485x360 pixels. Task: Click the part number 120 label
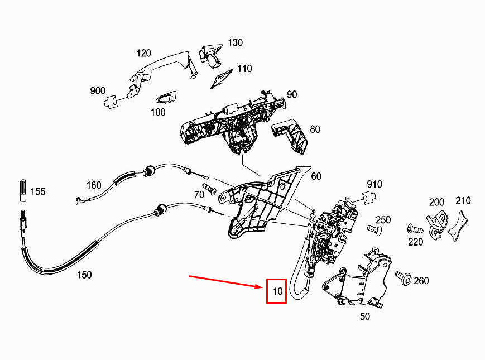coord(143,53)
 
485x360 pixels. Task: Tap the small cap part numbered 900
coord(111,102)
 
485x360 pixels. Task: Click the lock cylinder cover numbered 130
coord(211,55)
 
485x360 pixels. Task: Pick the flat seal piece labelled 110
coord(222,78)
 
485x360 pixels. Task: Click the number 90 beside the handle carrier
coord(292,94)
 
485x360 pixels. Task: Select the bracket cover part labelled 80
coord(290,136)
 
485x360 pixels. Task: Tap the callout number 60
coord(316,176)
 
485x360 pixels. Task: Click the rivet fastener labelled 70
coord(209,189)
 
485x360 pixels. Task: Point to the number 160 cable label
coord(94,185)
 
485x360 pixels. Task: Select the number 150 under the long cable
coord(84,275)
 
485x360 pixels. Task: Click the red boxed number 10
coord(277,291)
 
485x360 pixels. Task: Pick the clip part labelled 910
coord(369,198)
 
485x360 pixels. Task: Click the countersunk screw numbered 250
coord(374,230)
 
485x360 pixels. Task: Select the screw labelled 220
coord(415,229)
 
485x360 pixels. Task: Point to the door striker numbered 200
coord(438,225)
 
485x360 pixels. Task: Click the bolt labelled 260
coord(403,278)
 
